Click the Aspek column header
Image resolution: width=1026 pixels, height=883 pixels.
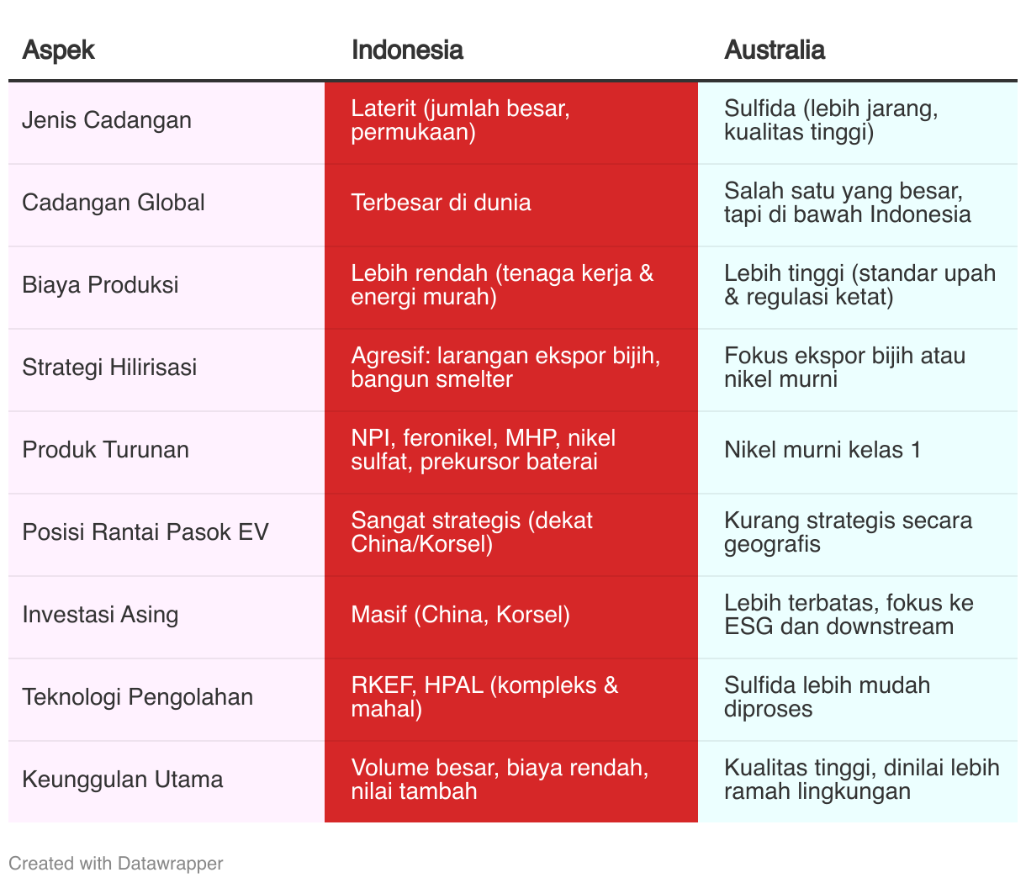coord(58,50)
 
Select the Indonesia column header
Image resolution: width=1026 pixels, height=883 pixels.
coord(407,50)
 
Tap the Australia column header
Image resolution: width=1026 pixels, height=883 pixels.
coord(774,50)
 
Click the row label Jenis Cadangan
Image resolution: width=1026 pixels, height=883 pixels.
coord(107,120)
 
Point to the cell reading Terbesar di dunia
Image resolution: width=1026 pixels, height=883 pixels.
coord(441,203)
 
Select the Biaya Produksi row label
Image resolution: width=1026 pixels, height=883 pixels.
coord(100,285)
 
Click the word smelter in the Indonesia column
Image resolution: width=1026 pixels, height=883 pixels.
coord(474,379)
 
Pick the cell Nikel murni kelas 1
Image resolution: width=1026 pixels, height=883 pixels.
coord(822,450)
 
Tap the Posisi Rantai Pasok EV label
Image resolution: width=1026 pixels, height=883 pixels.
coord(145,532)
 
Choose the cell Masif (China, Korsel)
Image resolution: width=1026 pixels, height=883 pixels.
coord(460,615)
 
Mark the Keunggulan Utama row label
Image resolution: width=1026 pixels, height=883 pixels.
coord(123,780)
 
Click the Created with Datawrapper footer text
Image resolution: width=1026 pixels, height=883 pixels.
coord(116,863)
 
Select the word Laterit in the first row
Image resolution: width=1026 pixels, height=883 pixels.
coord(383,108)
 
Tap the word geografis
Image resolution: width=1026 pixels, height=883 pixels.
coord(772,544)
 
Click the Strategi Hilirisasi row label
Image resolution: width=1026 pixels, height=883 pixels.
coord(109,367)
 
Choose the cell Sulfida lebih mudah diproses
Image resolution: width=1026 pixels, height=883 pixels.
coord(827,697)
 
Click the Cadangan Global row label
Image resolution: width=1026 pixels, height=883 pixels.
coord(114,203)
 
